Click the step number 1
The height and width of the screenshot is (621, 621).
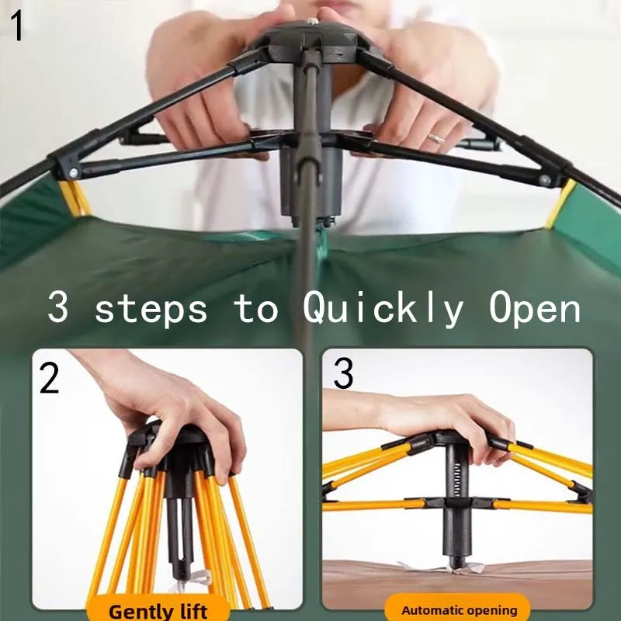[17, 26]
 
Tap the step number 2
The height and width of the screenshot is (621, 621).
[50, 378]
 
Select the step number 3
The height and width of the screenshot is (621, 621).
[343, 373]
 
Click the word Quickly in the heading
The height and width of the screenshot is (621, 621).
[383, 308]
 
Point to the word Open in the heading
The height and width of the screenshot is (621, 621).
[535, 308]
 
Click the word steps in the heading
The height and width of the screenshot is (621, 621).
[151, 310]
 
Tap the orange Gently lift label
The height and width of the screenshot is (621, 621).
[158, 610]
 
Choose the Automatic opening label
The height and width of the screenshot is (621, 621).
[459, 610]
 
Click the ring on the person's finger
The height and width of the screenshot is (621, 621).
[437, 139]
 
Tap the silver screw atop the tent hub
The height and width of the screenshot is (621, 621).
[313, 20]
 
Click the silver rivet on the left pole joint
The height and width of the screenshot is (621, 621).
[74, 173]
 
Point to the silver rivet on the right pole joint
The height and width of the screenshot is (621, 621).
[546, 180]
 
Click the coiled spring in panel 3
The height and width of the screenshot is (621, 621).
[457, 480]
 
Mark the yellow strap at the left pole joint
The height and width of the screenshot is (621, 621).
[75, 198]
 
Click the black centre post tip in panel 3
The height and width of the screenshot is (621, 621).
[458, 561]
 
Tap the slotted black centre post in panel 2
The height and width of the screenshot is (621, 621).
[179, 527]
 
